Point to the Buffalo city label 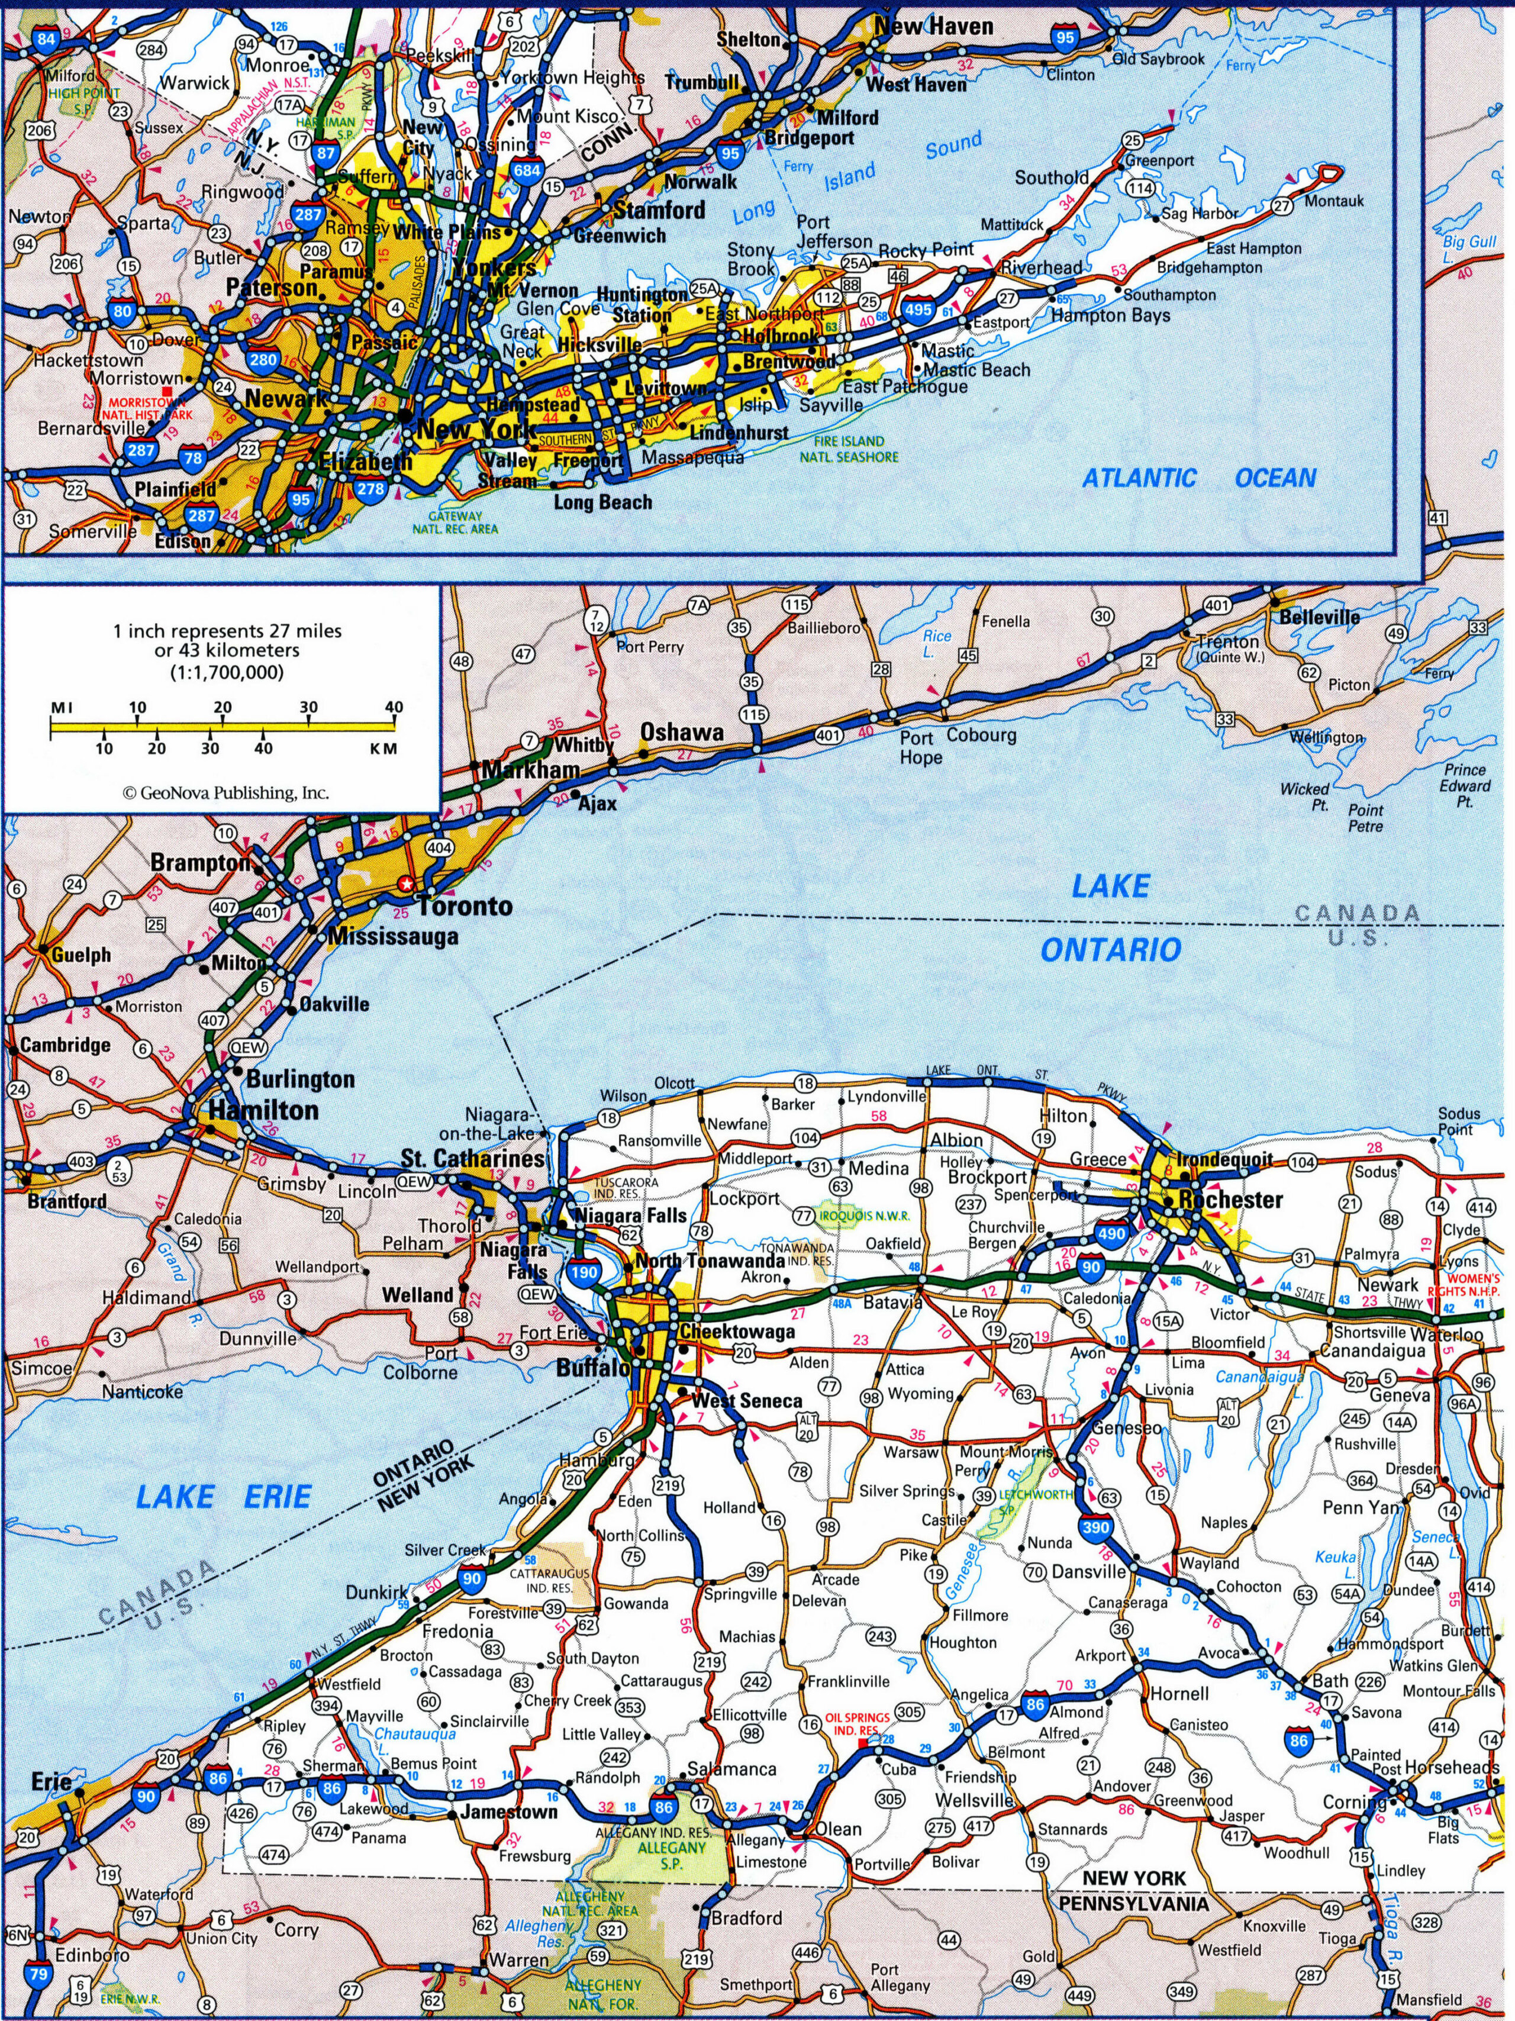[593, 1368]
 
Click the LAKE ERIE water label [223, 1497]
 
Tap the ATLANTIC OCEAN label [1198, 478]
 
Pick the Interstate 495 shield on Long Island [918, 311]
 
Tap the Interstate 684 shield [528, 170]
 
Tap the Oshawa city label [682, 732]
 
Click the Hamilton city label [264, 1110]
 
